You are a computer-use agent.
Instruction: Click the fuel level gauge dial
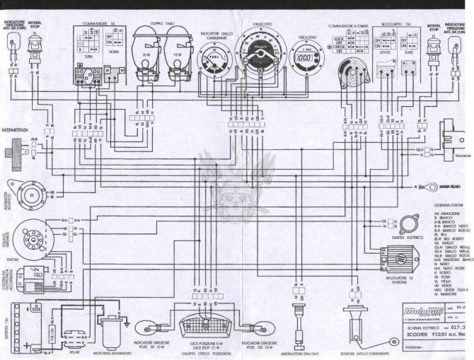click(212, 57)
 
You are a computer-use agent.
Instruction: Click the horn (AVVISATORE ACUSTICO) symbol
click(30, 192)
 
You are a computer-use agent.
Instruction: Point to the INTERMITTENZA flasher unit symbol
click(13, 150)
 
